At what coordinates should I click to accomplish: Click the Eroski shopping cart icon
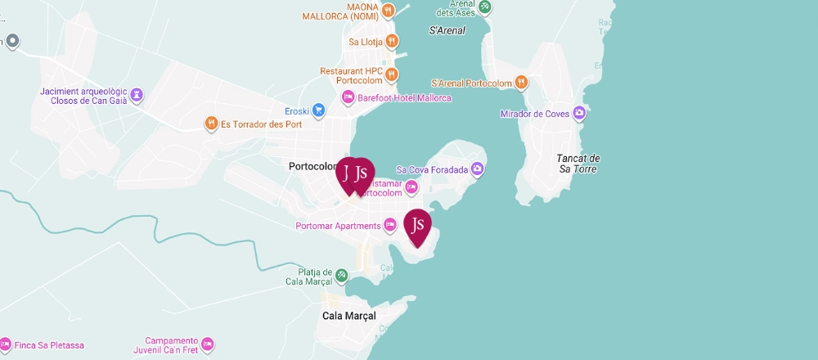coord(318,110)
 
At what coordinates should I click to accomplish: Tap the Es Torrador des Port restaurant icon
coord(211,124)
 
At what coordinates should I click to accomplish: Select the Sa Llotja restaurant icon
coord(393,41)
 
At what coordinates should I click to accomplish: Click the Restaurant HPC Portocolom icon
coord(393,74)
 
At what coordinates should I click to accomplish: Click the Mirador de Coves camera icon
coord(579,113)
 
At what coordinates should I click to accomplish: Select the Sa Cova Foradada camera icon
coord(479,169)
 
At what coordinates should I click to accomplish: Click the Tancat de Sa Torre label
coord(578,164)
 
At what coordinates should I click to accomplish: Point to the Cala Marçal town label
coord(349,316)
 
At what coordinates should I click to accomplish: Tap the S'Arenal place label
coord(447,30)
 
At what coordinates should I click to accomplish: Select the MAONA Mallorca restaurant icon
coord(388,11)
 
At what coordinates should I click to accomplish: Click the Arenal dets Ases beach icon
coord(485,7)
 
